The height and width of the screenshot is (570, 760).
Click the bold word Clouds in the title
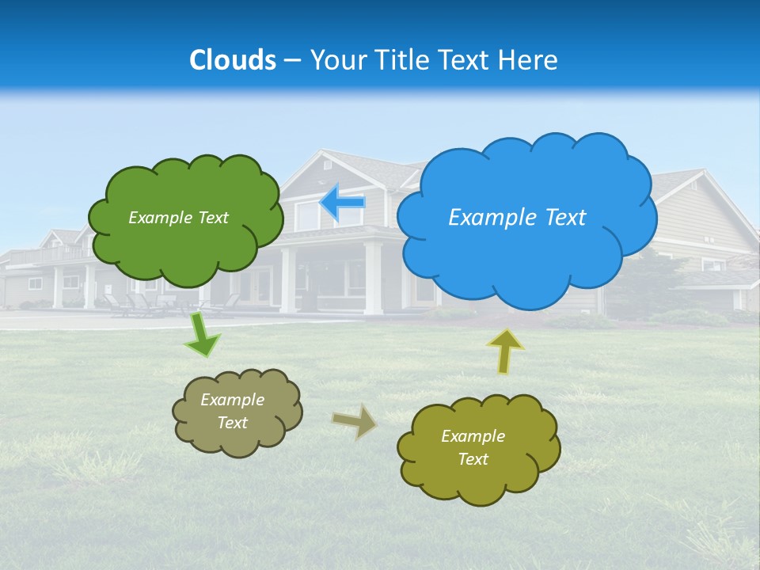click(x=233, y=59)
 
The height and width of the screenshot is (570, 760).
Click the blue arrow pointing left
click(x=342, y=203)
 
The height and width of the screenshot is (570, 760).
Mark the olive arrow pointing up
click(x=505, y=351)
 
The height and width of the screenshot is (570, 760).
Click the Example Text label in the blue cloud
click(x=517, y=218)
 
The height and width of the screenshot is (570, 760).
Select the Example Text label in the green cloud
click(x=178, y=218)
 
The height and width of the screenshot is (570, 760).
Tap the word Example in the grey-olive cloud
click(x=232, y=400)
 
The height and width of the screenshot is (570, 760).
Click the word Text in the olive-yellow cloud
click(x=473, y=459)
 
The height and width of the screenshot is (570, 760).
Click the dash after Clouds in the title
click(x=292, y=60)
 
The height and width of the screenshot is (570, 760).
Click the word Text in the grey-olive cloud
click(x=232, y=423)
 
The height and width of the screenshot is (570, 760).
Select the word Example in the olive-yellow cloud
click(x=473, y=436)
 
